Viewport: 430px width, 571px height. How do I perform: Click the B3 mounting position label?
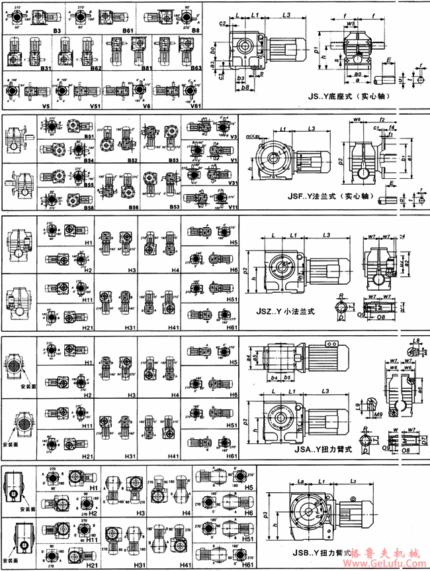(58, 30)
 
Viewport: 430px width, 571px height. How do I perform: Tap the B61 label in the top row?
(128, 30)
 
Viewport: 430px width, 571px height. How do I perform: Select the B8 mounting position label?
(196, 30)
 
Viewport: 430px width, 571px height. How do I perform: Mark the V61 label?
(196, 105)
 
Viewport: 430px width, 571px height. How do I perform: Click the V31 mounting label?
(232, 183)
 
